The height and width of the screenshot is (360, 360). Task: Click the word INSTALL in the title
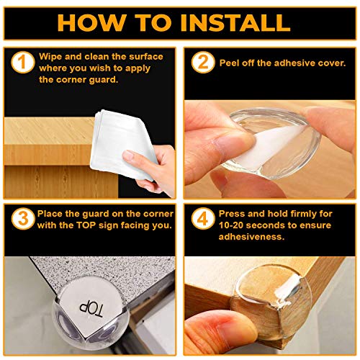point(235,23)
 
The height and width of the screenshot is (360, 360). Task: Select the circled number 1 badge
point(23,62)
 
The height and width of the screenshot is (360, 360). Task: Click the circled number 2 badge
point(203,62)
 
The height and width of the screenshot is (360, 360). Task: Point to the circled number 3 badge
point(23,219)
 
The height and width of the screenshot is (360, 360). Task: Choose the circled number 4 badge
point(203,219)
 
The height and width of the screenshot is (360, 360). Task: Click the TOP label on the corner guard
point(91,310)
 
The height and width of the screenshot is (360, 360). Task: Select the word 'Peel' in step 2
point(229,63)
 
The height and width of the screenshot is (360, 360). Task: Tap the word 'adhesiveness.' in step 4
point(251,237)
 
